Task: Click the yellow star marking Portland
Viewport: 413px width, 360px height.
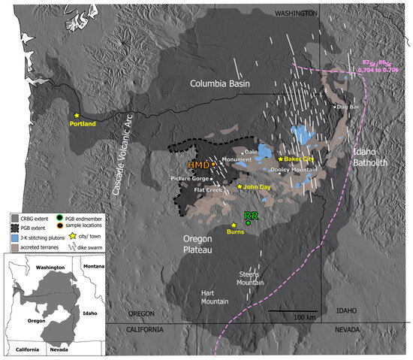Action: tap(77, 115)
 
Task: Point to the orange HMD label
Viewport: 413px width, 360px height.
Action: tap(199, 164)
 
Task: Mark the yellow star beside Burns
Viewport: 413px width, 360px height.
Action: tap(234, 225)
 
